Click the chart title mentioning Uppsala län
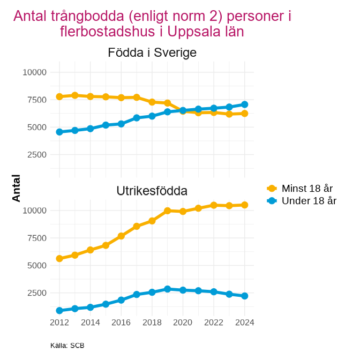[152, 24]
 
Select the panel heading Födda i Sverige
[152, 52]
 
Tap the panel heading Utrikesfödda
[152, 191]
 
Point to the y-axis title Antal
[17, 188]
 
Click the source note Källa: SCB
[67, 346]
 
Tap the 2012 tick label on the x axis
[59, 322]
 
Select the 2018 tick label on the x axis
[152, 322]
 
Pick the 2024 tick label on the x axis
[245, 322]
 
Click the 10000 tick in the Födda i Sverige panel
[35, 72]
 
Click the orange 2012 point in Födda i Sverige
[59, 96]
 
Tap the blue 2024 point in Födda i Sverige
[245, 104]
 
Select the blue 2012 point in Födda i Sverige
[59, 132]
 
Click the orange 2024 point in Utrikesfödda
[245, 205]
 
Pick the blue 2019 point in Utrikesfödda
[168, 289]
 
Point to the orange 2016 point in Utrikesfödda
[121, 236]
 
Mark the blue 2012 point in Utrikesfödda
[59, 311]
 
